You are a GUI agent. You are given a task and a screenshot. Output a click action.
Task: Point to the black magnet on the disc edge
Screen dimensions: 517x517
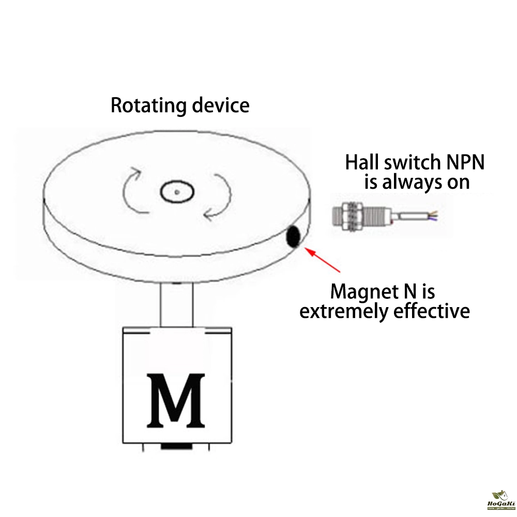[x=293, y=236]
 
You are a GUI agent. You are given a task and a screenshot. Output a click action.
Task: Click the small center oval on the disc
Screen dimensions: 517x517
[x=176, y=192]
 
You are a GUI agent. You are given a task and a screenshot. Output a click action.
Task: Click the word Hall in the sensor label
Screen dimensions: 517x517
[x=362, y=163]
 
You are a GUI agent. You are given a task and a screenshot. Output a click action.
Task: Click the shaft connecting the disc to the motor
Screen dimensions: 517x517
[x=176, y=305]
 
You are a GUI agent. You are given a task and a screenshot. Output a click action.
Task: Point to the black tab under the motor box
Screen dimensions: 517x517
[x=175, y=445]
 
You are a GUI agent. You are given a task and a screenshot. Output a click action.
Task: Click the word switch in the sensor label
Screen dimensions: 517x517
[x=408, y=163]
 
